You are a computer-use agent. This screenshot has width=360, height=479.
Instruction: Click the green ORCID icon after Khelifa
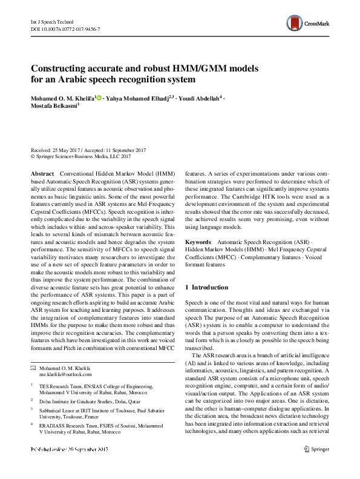coord(99,97)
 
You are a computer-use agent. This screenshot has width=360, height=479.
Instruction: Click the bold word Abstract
coord(42,173)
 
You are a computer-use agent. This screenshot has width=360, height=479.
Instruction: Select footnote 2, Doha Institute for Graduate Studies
coord(88,400)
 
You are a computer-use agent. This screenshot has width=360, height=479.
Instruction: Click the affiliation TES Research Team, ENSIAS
coord(100,385)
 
